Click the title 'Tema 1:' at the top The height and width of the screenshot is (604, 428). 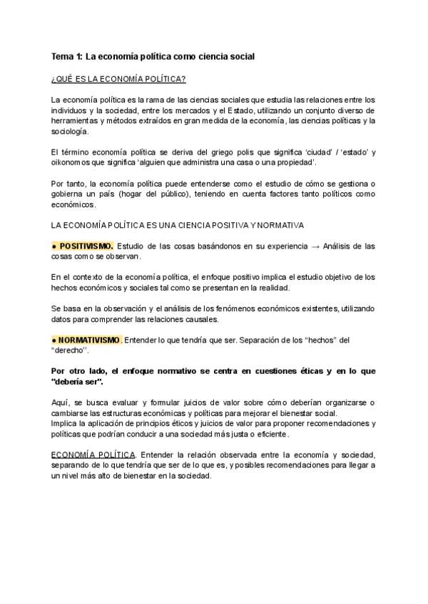click(68, 56)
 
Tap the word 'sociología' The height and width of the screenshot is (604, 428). click(71, 132)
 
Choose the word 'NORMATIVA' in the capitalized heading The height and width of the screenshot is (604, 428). click(281, 225)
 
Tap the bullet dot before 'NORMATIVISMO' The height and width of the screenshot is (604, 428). click(54, 340)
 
